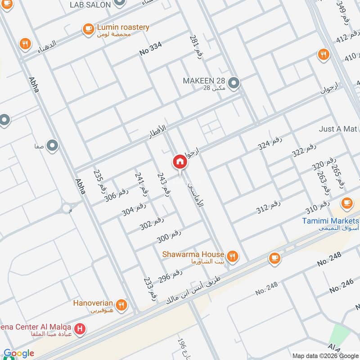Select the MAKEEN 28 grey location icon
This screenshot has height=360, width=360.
pyautogui.click(x=234, y=83)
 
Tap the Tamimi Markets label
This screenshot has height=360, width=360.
pyautogui.click(x=330, y=221)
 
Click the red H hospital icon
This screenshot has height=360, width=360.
pyautogui.click(x=80, y=329)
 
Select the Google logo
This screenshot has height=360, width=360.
pyautogui.click(x=19, y=353)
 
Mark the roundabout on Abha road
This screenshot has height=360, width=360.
pyautogui.click(x=67, y=208)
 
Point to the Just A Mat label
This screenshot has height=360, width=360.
pyautogui.click(x=337, y=129)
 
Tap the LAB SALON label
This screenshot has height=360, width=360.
pyautogui.click(x=90, y=4)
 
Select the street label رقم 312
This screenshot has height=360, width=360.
pyautogui.click(x=268, y=207)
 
